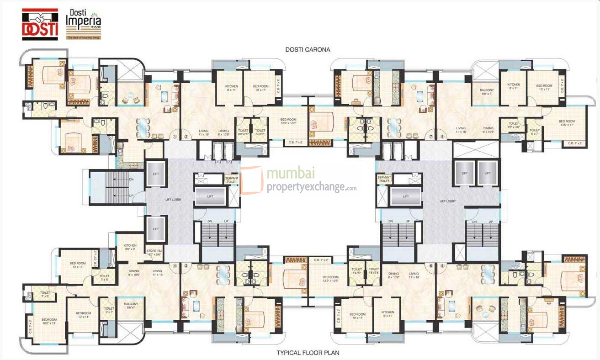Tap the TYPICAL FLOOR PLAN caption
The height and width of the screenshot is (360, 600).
pos(308,353)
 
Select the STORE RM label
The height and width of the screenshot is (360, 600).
pos(154,252)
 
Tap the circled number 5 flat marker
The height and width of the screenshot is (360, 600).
pos(442,265)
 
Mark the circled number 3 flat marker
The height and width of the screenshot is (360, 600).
pos(186,265)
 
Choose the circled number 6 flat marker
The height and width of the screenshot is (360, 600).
pos(430,265)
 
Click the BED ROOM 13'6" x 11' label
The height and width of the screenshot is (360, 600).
pos(566,123)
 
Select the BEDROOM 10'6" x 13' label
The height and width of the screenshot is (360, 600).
pos(49,321)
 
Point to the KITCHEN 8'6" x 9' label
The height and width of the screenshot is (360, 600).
pos(130,247)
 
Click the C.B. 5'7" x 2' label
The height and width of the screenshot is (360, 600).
pos(96,259)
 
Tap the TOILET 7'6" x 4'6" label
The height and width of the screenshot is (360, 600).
pos(513,125)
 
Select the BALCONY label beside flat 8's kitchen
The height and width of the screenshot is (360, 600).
pos(486,92)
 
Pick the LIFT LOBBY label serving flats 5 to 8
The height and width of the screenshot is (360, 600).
pos(448,201)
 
